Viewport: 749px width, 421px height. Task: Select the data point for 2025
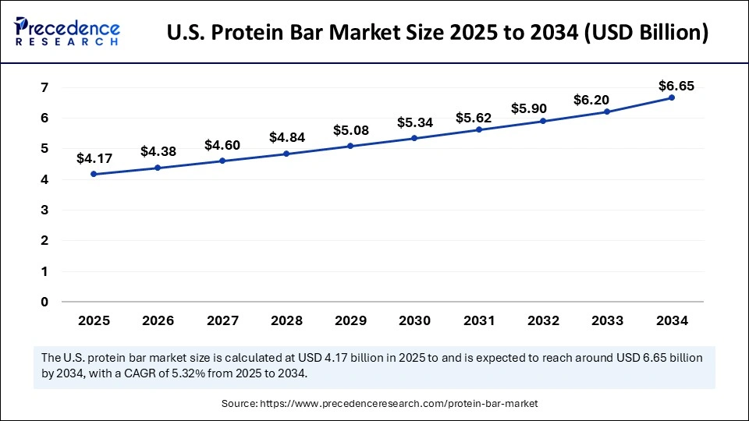[94, 174]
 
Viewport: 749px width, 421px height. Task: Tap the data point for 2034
[671, 97]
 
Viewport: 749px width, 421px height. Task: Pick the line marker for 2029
[350, 146]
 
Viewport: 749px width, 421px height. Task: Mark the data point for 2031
[479, 129]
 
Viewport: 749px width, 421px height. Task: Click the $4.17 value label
[94, 158]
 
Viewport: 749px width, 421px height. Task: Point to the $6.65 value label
[675, 86]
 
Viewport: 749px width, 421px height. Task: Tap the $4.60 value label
[222, 145]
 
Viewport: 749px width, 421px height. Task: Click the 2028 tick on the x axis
[286, 320]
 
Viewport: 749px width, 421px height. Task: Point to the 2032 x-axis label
[543, 320]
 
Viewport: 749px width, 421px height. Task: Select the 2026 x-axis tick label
[158, 320]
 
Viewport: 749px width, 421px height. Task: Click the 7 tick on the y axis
[44, 87]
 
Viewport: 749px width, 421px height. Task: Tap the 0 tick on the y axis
[44, 302]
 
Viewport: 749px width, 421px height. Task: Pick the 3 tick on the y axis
[44, 210]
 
